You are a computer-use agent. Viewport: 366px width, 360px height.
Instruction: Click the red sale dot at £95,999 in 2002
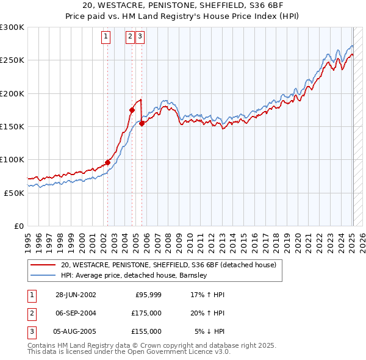tap(108, 162)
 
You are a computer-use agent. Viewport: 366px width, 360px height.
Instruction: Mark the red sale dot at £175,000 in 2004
tap(132, 110)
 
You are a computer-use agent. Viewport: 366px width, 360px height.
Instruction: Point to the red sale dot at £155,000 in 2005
tap(142, 123)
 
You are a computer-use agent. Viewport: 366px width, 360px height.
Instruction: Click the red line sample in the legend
tap(43, 265)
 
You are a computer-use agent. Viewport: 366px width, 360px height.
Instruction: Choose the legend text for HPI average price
tap(134, 275)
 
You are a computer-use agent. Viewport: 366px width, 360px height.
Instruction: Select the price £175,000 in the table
tap(146, 313)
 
